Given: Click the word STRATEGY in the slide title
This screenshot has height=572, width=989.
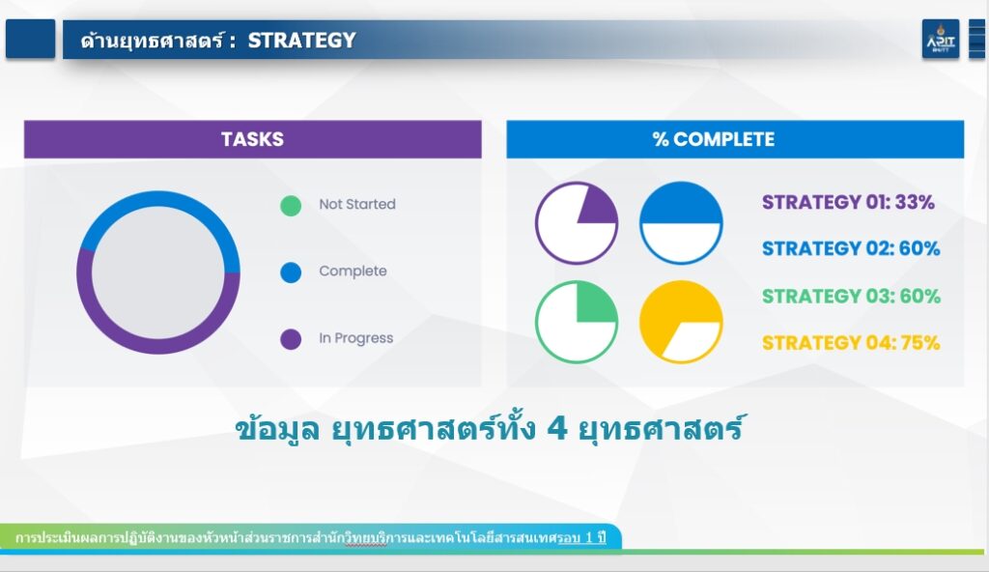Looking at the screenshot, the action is [301, 41].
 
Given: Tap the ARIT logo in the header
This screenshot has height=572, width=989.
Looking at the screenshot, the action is [941, 40].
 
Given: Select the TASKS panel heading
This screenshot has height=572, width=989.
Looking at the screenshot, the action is [252, 139].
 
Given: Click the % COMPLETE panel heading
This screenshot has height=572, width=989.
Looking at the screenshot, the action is [714, 139].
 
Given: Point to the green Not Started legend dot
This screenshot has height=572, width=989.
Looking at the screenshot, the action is [291, 206].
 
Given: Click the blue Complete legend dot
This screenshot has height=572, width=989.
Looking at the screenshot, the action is [291, 272].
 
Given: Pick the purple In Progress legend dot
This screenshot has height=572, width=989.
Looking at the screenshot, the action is [291, 339].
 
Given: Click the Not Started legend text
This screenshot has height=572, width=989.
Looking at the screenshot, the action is [357, 204].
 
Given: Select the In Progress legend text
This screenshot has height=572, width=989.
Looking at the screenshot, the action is [355, 338].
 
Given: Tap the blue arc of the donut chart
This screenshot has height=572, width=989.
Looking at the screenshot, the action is [158, 199].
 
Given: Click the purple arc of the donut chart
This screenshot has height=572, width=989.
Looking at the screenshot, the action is [158, 346].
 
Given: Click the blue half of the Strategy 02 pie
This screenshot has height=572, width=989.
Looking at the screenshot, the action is [681, 204].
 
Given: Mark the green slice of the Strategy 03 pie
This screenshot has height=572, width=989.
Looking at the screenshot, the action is [595, 303].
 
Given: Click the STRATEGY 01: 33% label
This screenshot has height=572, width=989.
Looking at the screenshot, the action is [848, 202].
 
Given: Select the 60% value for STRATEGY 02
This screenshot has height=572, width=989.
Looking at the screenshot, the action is [919, 248].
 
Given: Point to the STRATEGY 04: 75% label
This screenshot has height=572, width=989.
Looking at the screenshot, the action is [851, 343].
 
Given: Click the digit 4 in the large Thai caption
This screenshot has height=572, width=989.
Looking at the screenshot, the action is [557, 429].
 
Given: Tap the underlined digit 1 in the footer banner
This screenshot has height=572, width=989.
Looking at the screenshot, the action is [589, 538].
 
